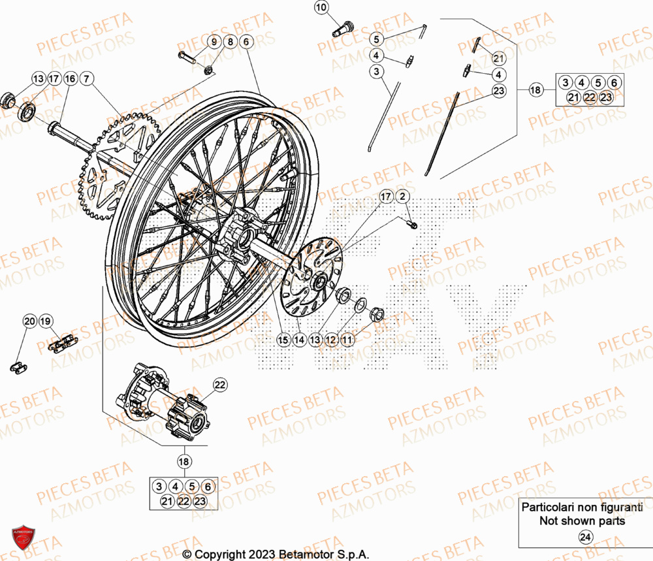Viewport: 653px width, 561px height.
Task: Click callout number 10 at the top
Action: coord(321,8)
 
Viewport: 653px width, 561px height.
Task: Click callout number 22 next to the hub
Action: coord(220,385)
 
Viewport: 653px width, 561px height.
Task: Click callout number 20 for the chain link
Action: coord(29,321)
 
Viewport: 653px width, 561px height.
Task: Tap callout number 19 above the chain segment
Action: coord(45,321)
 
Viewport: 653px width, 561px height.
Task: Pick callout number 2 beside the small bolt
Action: coord(403,196)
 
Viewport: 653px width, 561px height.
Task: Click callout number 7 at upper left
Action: coord(88,79)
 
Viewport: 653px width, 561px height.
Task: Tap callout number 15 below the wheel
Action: coord(283,340)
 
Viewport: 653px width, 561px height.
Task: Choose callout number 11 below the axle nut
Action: coord(347,340)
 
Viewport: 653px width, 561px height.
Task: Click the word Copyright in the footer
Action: coord(219,554)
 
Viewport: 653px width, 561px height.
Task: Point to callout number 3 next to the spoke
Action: coord(377,71)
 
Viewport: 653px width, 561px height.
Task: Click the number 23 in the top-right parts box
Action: coord(606,97)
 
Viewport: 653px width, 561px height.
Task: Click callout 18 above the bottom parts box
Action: coord(185,461)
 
